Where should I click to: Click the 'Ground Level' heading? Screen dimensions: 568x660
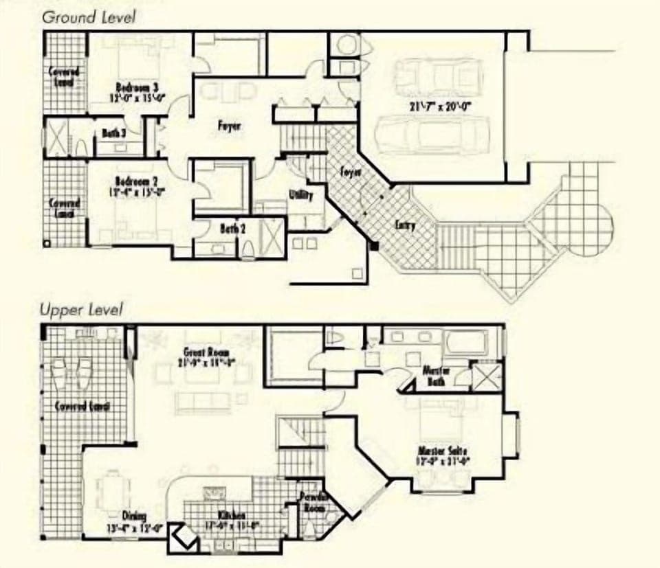88,16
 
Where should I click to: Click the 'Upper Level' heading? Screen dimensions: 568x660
80,310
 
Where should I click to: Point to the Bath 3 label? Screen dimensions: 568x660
113,133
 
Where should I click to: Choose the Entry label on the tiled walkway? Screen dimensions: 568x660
405,225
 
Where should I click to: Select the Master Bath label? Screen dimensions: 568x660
436,375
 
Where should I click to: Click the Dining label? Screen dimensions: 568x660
134,516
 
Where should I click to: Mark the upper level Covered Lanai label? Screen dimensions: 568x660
82,407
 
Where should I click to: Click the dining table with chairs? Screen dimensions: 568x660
113,488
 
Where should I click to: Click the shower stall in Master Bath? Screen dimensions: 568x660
483,377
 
